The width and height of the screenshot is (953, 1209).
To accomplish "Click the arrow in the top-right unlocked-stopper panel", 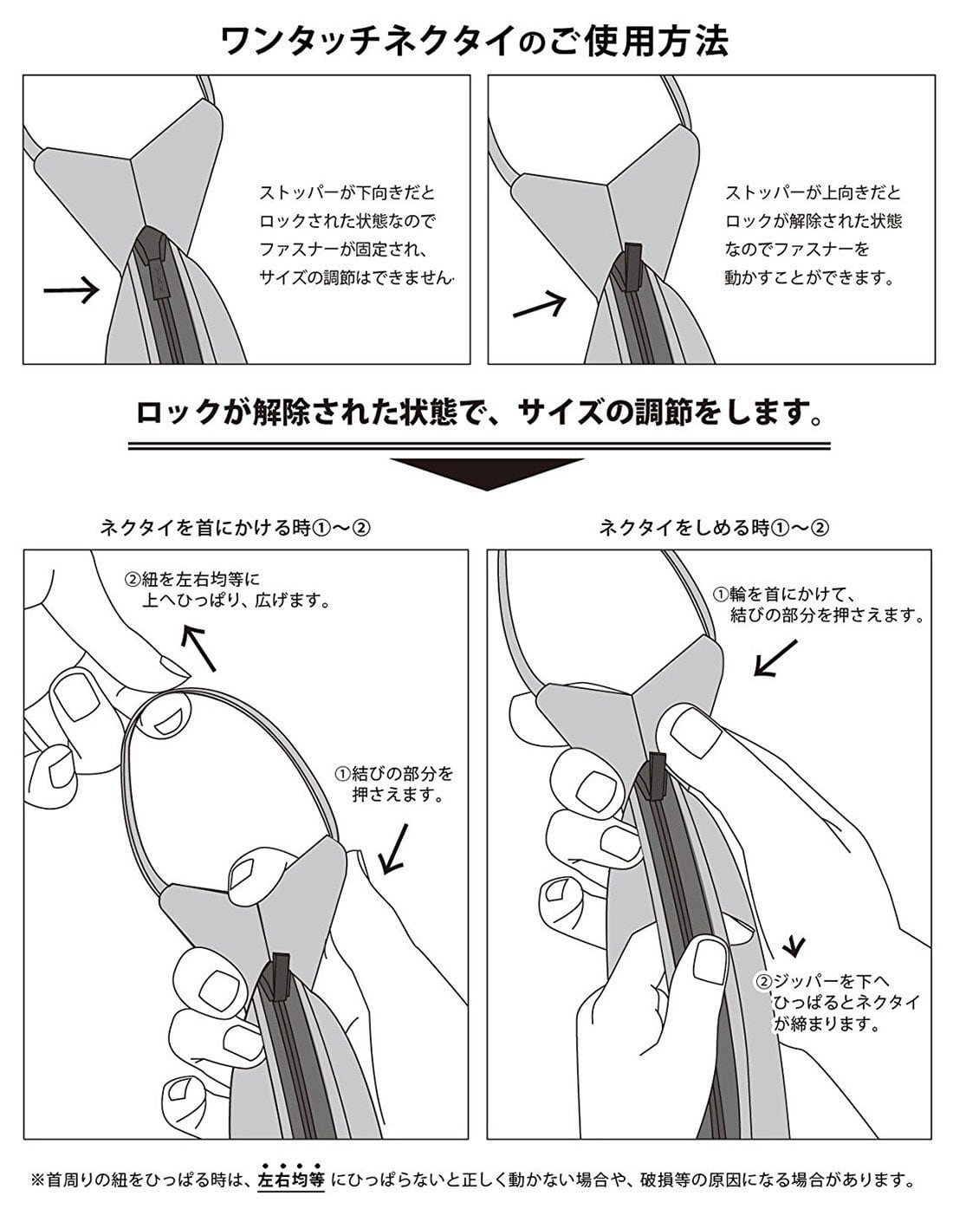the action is click(538, 304).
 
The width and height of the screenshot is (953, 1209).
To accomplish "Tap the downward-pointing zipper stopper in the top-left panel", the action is click(152, 260).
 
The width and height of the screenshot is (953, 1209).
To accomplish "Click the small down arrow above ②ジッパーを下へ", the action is click(794, 945).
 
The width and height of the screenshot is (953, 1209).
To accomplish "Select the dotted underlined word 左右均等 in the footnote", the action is click(291, 1180).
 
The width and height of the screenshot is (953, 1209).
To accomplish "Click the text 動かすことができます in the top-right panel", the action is click(809, 278).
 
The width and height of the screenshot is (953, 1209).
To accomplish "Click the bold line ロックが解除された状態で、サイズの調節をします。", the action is click(479, 413).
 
